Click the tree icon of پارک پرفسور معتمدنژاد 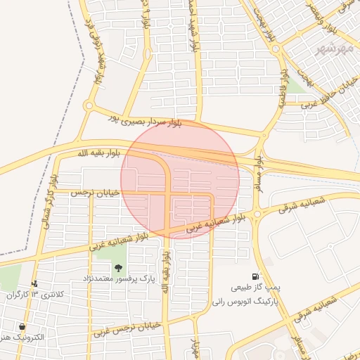coord(118,268)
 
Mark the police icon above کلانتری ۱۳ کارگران coord(35,283)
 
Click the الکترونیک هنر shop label coord(23,337)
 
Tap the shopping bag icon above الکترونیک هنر coord(22,326)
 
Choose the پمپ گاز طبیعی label coord(255,288)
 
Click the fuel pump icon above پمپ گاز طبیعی coord(255,276)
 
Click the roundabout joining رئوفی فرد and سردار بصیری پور coord(89,106)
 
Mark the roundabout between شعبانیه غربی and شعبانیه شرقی coord(257,214)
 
